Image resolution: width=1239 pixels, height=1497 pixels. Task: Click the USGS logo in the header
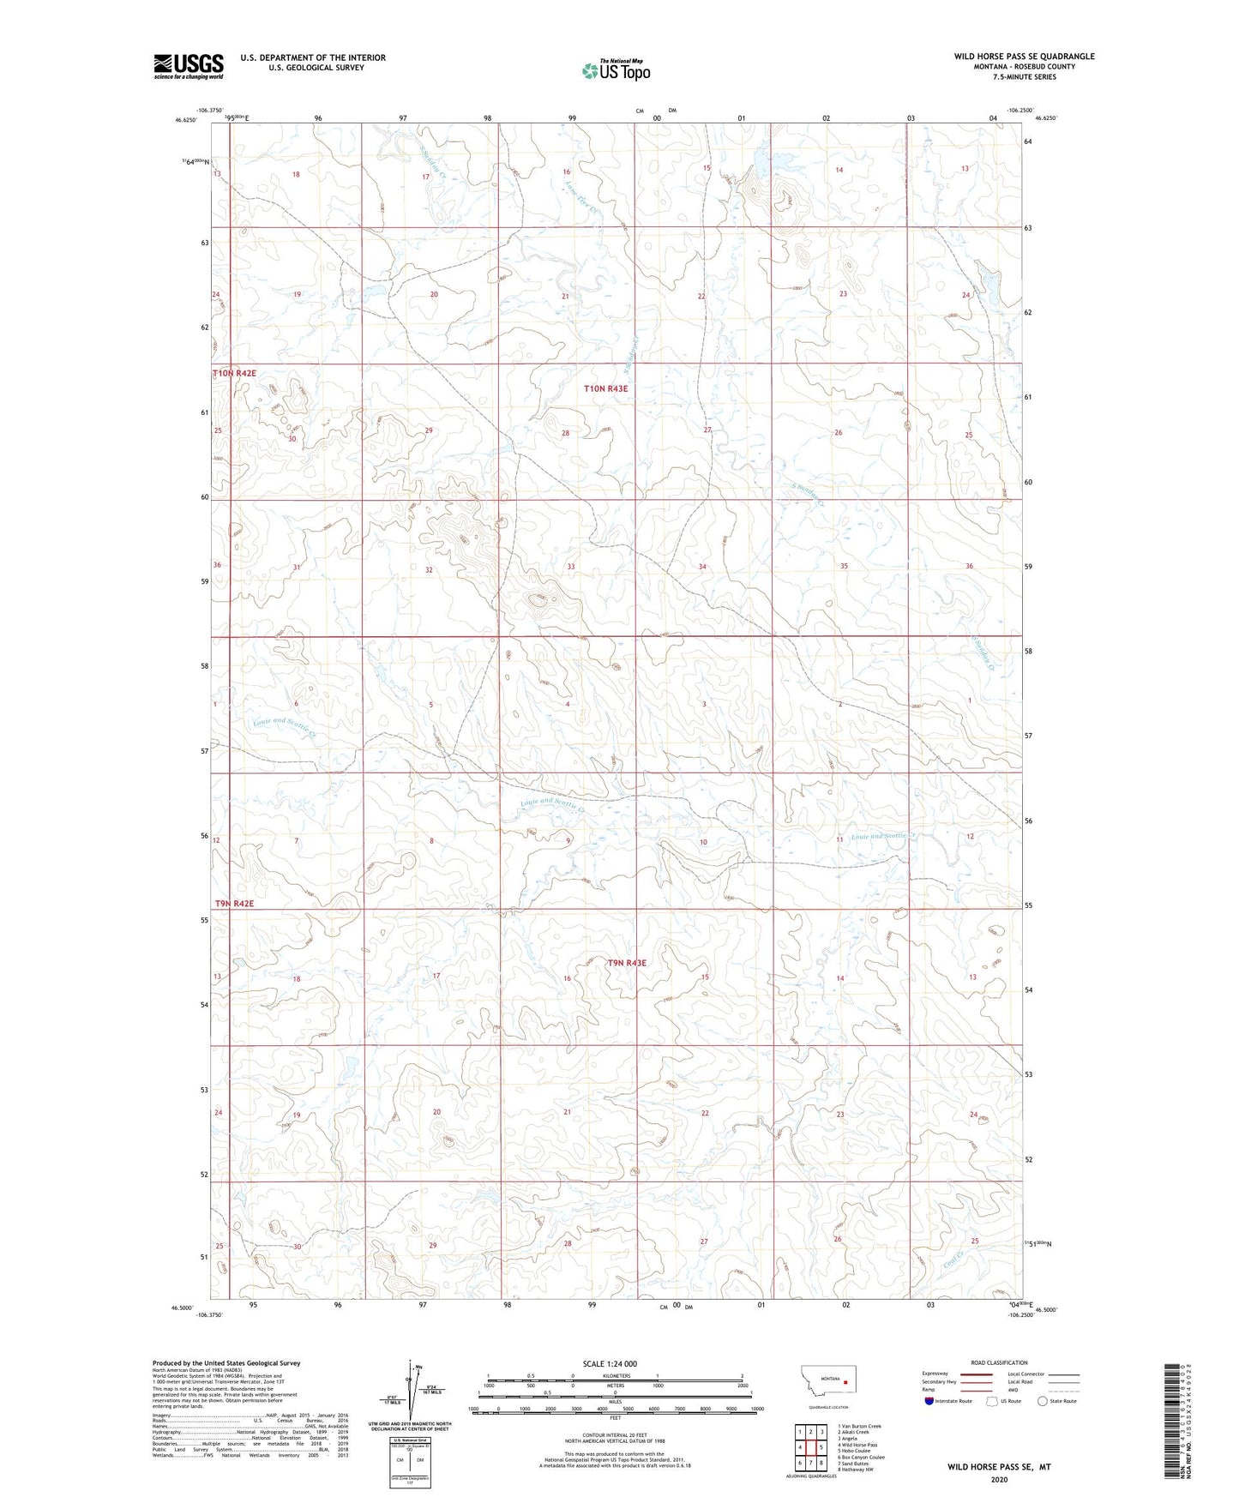point(189,66)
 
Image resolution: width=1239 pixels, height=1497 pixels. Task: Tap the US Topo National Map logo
point(616,70)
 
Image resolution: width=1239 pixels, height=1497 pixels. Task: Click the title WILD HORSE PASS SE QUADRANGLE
point(1024,57)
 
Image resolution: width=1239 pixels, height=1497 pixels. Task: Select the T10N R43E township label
point(605,388)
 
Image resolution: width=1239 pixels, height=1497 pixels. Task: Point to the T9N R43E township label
point(627,963)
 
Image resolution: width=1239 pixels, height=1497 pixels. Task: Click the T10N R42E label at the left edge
point(234,374)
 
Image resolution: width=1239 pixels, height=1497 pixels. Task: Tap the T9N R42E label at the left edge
point(232,904)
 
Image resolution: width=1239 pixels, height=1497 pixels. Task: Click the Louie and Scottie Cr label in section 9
point(553,806)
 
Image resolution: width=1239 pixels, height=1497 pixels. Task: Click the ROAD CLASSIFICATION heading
point(999,1362)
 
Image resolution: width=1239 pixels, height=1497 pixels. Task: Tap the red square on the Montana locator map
point(845,1381)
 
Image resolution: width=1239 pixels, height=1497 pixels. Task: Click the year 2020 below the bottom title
point(998,1480)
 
